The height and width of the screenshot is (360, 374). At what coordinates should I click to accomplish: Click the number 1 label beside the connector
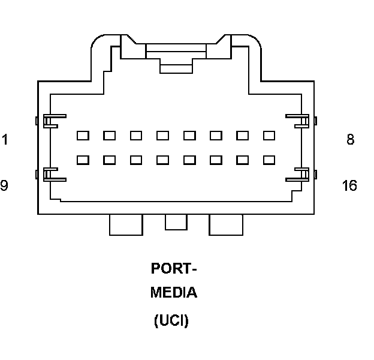tap(5, 140)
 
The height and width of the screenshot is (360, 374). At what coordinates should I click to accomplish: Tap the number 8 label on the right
tap(350, 140)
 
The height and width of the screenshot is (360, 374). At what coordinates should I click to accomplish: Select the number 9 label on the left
tap(4, 185)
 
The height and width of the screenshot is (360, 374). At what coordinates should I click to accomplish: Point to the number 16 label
tap(349, 185)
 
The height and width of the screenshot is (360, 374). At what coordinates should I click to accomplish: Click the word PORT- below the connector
tap(173, 268)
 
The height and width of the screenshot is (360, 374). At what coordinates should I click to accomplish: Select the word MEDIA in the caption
tap(173, 293)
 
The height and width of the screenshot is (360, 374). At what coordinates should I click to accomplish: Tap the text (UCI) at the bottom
tap(171, 321)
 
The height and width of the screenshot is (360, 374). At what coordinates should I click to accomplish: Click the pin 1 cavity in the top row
tap(83, 136)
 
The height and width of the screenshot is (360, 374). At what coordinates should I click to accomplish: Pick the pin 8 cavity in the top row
tap(269, 136)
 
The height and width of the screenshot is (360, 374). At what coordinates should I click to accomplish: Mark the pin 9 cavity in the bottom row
tap(83, 160)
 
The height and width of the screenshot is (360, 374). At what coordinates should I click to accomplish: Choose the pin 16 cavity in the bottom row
tap(269, 160)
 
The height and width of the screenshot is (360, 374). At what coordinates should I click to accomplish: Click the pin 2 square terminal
tap(109, 136)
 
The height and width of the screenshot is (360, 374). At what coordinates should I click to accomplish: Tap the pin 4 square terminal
tap(162, 136)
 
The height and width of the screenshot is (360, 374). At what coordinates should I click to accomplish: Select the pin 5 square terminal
tap(189, 136)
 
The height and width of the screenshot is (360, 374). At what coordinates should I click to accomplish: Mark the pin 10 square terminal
tap(109, 160)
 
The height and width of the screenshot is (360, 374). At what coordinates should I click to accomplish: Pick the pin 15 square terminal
tap(243, 160)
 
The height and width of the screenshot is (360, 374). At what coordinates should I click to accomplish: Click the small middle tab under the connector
tap(176, 222)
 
